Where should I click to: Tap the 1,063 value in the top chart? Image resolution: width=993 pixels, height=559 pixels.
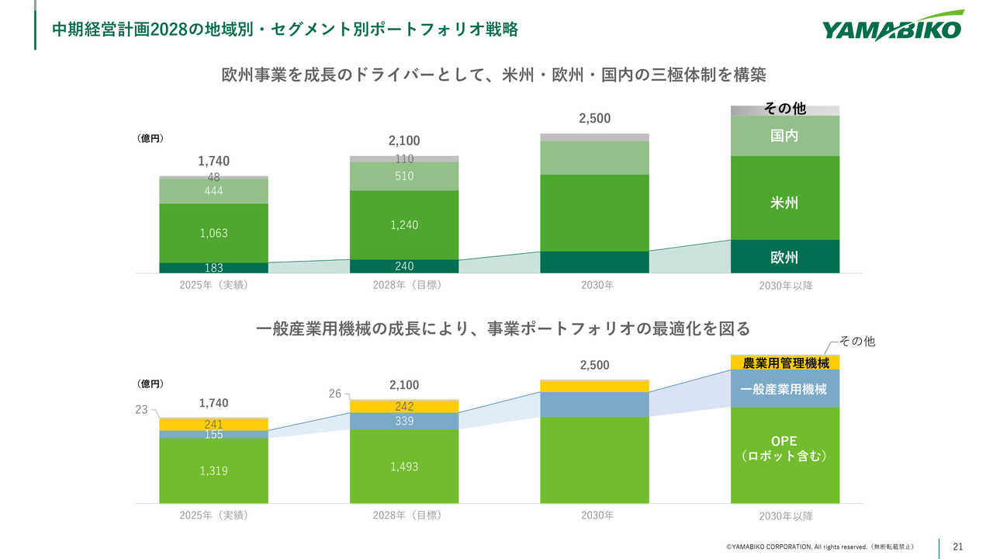(x=213, y=233)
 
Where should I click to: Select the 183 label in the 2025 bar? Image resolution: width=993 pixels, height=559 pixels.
(x=213, y=268)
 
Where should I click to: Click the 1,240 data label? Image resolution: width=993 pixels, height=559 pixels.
(x=404, y=225)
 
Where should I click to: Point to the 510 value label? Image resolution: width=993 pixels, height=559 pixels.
(x=404, y=176)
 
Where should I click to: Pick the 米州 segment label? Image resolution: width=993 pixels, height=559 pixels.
(x=784, y=203)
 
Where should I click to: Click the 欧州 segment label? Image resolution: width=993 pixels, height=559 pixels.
(x=784, y=258)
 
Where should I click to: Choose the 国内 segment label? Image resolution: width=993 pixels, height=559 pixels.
(x=784, y=136)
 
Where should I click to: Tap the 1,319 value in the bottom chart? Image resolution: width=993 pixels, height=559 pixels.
(x=213, y=470)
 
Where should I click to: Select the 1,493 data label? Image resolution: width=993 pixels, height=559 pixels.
(x=404, y=466)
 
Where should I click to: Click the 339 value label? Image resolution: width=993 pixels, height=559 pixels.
(x=404, y=421)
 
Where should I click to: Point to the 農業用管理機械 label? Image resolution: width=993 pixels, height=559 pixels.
(x=786, y=363)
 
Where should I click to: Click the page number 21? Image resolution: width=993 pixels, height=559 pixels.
(x=958, y=547)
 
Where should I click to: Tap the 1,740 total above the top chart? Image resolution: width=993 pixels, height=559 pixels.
(x=213, y=161)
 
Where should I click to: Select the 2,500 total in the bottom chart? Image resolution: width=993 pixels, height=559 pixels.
(x=594, y=365)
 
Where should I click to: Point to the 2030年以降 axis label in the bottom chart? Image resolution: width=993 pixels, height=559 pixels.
(x=786, y=516)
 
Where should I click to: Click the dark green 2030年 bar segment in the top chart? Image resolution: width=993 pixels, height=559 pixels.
(x=594, y=262)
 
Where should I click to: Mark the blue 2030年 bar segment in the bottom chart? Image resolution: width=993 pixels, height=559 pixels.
(x=594, y=404)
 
